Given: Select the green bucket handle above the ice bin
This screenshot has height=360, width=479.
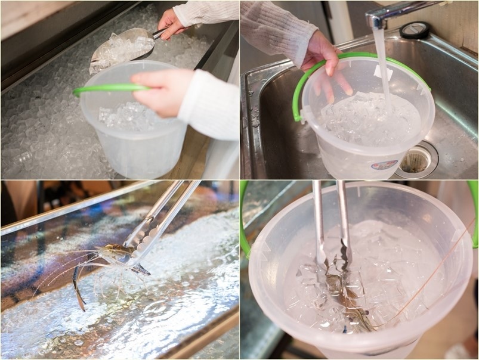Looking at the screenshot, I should click(107, 89).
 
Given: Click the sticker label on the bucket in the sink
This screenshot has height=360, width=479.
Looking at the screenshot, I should click(384, 164).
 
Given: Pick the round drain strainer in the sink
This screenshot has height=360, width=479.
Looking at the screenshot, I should click(416, 161).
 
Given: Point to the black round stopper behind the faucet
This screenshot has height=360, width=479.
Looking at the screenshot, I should click(414, 30).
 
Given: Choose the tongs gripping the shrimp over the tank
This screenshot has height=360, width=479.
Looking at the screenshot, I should click(161, 221).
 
